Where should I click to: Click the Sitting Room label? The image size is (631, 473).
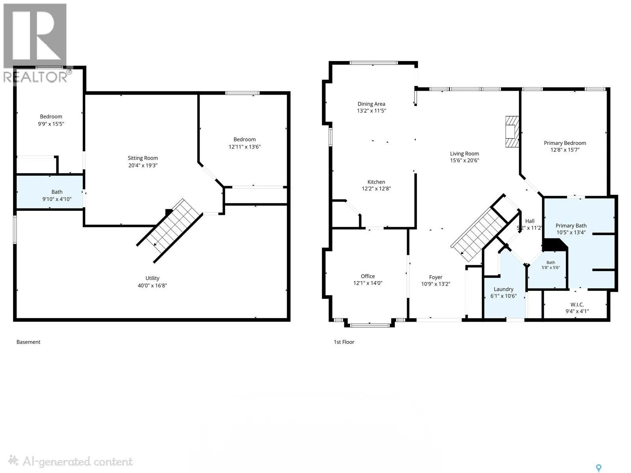tap(143, 158)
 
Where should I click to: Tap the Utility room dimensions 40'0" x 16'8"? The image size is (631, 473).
tap(152, 285)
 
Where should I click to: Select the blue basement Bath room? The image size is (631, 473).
tap(50, 192)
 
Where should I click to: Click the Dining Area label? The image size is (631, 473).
tap(371, 104)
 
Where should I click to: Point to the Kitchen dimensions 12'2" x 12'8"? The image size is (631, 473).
tap(376, 189)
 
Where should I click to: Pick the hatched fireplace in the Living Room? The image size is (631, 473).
tap(512, 132)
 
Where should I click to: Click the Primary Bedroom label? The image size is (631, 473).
tap(565, 143)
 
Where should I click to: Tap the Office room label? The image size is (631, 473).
tap(368, 276)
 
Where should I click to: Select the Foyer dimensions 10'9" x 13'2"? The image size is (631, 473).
tap(435, 284)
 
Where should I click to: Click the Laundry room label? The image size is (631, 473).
tap(503, 289)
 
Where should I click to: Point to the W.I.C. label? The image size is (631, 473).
tap(577, 304)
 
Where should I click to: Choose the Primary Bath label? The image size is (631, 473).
tap(571, 226)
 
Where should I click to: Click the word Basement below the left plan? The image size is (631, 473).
tap(28, 342)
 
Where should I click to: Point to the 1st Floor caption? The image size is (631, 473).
tap(344, 342)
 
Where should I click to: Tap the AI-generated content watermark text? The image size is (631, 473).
tap(78, 462)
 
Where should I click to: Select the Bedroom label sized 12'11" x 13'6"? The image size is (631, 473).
tap(245, 140)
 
